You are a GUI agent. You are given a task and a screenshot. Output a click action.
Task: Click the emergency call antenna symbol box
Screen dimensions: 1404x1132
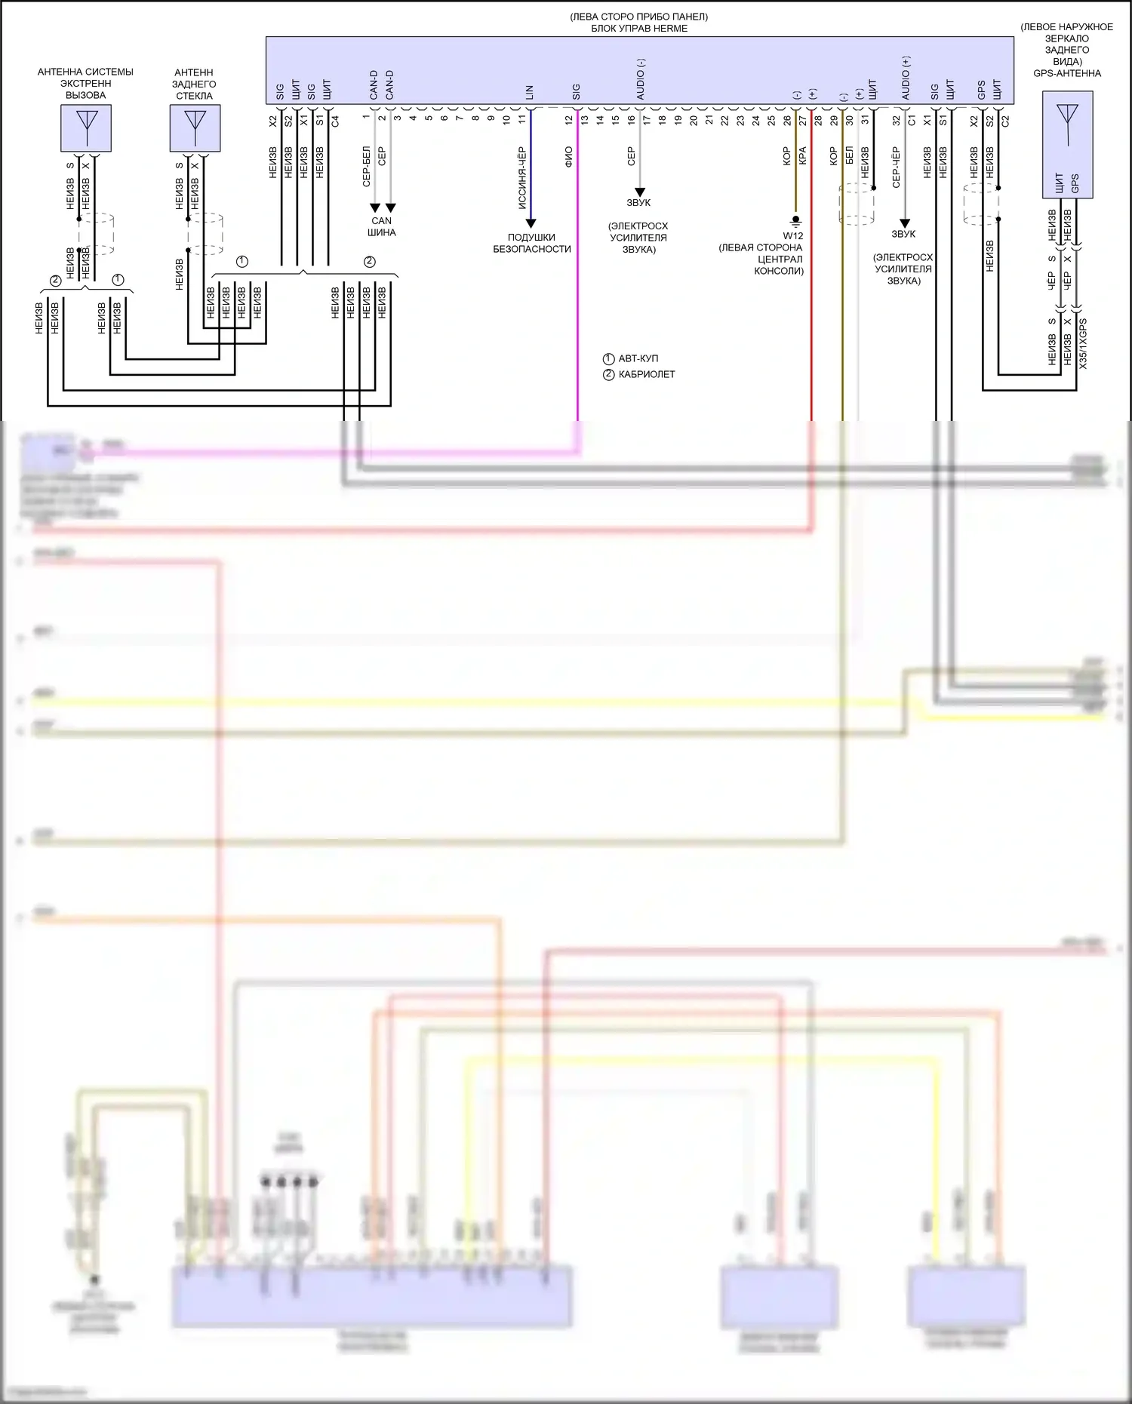click(86, 127)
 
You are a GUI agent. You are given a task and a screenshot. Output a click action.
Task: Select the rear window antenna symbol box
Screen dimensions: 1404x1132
click(195, 127)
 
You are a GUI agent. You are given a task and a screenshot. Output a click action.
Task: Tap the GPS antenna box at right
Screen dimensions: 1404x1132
click(1067, 144)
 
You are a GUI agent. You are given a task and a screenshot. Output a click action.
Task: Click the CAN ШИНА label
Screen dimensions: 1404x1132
click(382, 227)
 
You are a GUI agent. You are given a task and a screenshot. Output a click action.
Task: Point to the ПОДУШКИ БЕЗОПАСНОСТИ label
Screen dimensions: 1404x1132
click(532, 243)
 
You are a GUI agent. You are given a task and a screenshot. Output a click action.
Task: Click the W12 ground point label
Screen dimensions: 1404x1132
click(792, 236)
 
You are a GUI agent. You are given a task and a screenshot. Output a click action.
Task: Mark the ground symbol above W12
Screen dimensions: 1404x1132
click(795, 221)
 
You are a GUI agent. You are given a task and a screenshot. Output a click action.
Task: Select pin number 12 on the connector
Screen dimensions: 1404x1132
click(569, 119)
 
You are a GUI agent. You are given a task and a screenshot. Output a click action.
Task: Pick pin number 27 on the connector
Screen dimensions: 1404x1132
click(803, 119)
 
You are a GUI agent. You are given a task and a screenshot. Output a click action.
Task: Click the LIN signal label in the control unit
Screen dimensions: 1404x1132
click(529, 92)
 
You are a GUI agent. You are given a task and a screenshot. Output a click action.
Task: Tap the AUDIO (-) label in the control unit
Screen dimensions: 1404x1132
click(641, 79)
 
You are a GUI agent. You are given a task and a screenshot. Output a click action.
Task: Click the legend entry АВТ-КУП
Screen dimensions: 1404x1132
click(638, 359)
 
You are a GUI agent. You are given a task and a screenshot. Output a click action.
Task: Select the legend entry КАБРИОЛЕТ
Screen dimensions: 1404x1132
click(646, 374)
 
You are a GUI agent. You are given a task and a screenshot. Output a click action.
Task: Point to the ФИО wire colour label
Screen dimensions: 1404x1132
click(568, 157)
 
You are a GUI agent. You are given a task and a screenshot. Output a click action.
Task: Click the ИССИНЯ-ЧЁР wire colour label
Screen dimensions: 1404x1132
click(521, 178)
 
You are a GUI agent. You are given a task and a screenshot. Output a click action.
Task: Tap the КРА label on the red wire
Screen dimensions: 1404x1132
click(802, 155)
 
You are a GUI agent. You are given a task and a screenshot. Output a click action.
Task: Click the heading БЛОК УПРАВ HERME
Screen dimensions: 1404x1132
click(639, 29)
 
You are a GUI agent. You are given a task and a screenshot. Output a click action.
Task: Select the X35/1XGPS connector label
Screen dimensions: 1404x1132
click(1083, 343)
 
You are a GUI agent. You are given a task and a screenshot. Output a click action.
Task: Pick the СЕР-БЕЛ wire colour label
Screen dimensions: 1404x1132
click(366, 167)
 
